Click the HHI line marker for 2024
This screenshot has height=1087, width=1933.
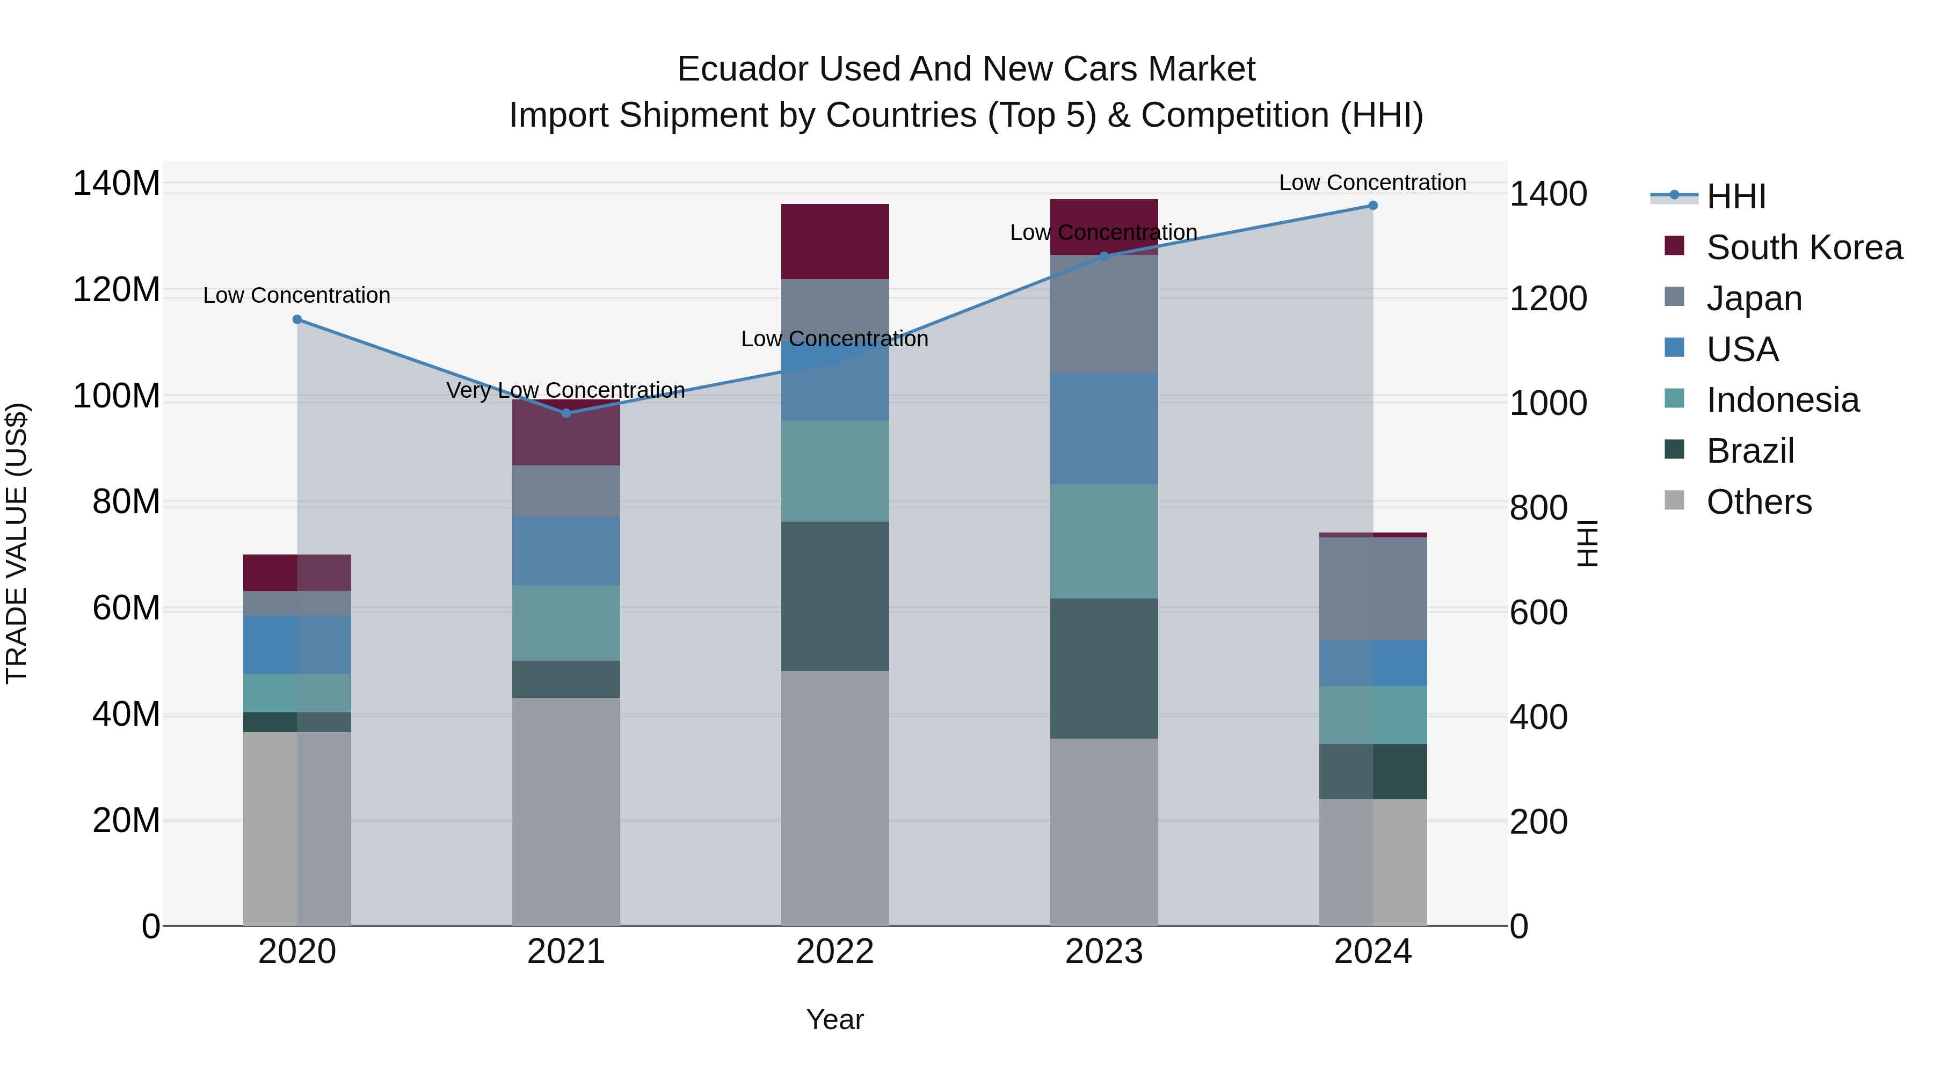pos(1372,206)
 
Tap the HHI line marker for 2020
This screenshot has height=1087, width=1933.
pos(297,319)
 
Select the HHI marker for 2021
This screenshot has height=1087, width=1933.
pos(566,413)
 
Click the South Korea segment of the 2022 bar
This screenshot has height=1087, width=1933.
pos(834,242)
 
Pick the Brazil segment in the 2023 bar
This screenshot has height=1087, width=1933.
pos(1104,668)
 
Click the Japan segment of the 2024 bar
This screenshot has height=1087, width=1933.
pos(1372,588)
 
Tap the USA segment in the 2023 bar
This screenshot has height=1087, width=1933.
pos(1104,428)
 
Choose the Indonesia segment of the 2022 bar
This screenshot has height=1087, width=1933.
pos(834,471)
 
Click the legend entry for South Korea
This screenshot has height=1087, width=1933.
pos(1804,247)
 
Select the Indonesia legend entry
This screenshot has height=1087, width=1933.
pos(1782,400)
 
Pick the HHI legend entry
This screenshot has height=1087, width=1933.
pos(1735,196)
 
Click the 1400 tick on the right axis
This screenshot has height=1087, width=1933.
pos(1547,194)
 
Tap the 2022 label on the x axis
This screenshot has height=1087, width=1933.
pos(834,952)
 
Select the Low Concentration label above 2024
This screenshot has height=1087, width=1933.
pos(1372,183)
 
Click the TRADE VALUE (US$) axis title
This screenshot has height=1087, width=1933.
pos(17,543)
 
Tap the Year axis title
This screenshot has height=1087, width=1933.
pos(834,1019)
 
